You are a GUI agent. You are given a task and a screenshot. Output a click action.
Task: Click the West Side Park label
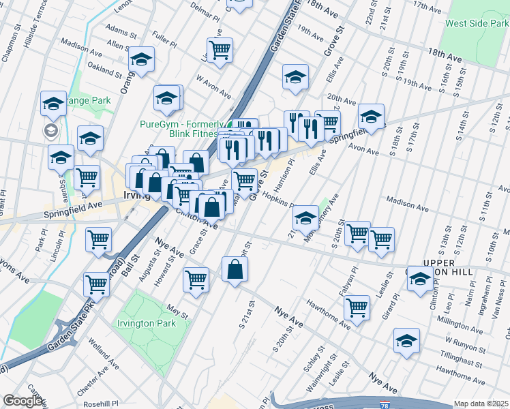coord(476,23)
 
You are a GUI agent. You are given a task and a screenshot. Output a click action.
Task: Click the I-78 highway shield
coord(386,405)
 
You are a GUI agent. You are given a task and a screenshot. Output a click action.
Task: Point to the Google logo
coord(22,401)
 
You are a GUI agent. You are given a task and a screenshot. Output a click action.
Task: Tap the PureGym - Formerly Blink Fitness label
coord(182,129)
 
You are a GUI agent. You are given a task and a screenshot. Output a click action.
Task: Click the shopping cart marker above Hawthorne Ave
coord(357,307)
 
